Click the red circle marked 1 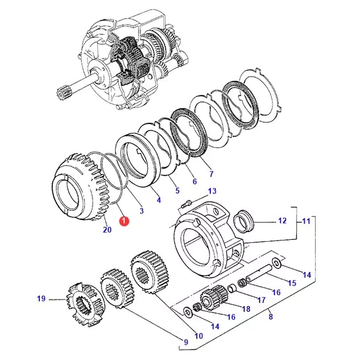[124, 221]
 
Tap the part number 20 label [107, 230]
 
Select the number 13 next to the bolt [212, 191]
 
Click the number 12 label [282, 221]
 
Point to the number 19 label [41, 299]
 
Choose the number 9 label [186, 342]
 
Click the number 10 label [199, 336]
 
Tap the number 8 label [271, 316]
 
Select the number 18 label [246, 309]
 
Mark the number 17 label [261, 300]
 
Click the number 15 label [292, 283]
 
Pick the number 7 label [212, 174]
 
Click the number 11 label [306, 221]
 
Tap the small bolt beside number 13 [186, 204]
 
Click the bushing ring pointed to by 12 [244, 221]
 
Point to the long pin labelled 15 [258, 273]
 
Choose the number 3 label [141, 211]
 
